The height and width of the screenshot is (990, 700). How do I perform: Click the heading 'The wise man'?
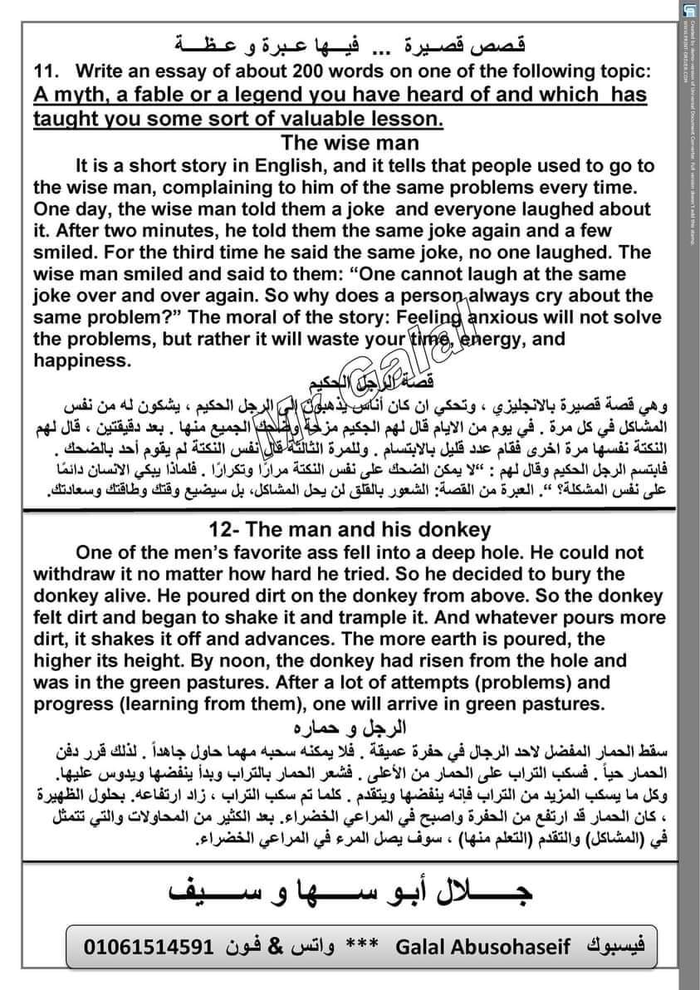pyautogui.click(x=350, y=143)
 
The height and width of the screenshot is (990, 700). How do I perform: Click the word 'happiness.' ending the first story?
pyautogui.click(x=82, y=361)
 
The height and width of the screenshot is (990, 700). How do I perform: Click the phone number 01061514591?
pyautogui.click(x=150, y=946)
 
